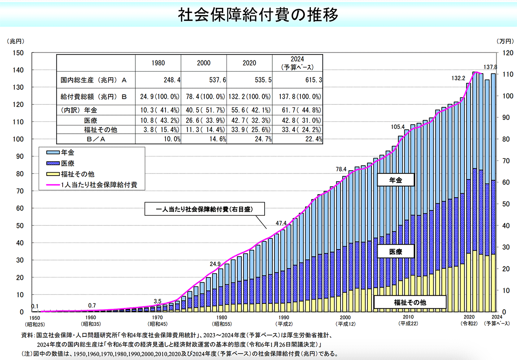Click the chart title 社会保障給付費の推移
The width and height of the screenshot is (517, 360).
click(258, 15)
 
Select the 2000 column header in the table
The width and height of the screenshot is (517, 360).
click(204, 63)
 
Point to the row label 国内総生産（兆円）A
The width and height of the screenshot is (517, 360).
click(91, 80)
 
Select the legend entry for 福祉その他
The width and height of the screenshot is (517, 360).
click(77, 174)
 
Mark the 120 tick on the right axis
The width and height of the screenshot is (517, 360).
click(499, 53)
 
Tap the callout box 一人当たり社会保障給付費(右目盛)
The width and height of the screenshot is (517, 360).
click(205, 210)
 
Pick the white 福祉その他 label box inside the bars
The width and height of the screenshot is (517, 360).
click(410, 302)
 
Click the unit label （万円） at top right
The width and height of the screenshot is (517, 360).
click(505, 41)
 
